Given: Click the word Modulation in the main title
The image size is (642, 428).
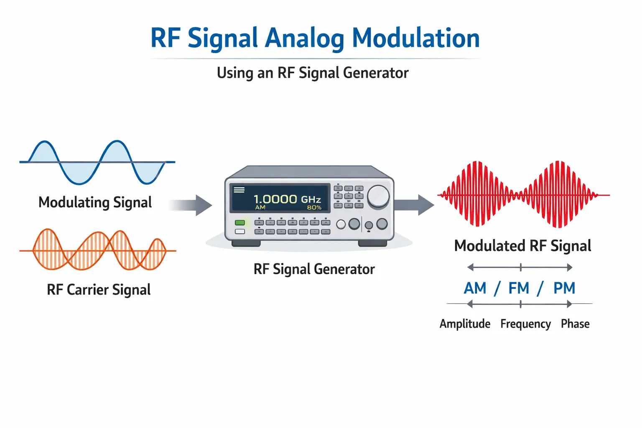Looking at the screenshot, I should tap(415, 38).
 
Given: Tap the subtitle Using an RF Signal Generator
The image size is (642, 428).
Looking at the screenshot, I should tap(312, 73).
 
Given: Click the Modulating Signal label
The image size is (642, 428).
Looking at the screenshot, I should tap(95, 202).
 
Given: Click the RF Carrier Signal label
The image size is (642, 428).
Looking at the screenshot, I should tap(98, 290).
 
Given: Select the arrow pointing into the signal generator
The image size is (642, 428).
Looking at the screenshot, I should tap(196, 205).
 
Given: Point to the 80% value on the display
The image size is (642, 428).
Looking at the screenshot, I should tap(314, 208).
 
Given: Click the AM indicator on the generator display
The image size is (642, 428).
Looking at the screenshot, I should tap(260, 208).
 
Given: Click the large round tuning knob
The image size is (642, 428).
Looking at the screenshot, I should tap(378, 196).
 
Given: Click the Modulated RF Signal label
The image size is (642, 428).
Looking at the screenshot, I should tap(522, 246).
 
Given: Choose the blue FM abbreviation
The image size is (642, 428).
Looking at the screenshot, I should tap(519, 288).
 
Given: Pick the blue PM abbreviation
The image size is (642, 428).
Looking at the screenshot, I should tap(564, 288).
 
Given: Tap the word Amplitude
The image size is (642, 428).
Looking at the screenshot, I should tap(465, 324).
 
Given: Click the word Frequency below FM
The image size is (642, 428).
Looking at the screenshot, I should tap(525, 324).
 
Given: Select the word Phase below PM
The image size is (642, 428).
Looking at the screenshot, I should tap(575, 324).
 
